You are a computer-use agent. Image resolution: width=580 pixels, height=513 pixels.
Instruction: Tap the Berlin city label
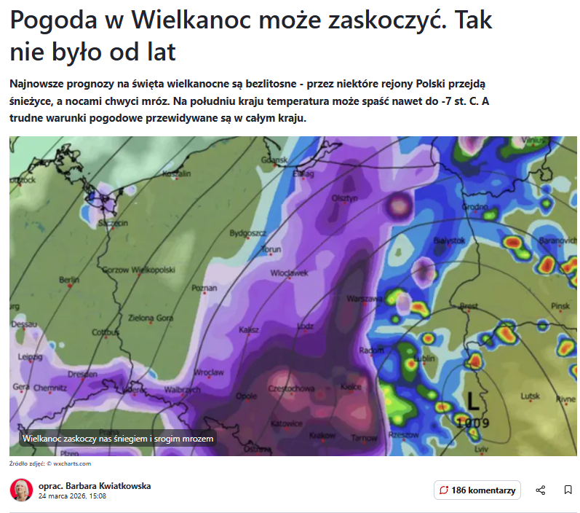[69, 280]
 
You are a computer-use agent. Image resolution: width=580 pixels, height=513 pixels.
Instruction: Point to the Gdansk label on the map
[275, 160]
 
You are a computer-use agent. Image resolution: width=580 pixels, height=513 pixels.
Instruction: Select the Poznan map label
[204, 289]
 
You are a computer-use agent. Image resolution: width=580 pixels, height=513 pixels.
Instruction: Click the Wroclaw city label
[210, 372]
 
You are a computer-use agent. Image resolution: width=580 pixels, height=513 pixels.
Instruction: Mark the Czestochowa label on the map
[292, 388]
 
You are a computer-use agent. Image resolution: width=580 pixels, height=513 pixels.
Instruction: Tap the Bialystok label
[448, 240]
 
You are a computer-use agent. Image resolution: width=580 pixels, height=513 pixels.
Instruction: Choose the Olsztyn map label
[345, 198]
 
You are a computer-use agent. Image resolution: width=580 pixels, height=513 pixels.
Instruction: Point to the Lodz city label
[306, 326]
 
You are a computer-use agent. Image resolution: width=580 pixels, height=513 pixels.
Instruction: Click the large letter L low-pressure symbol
[474, 401]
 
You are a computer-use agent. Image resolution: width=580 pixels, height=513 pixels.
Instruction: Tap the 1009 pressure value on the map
[473, 423]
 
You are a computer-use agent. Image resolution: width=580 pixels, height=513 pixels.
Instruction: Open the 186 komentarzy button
[477, 490]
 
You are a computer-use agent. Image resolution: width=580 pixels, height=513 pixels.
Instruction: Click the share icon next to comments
[541, 490]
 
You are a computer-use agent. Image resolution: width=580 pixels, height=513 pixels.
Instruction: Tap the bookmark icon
[568, 490]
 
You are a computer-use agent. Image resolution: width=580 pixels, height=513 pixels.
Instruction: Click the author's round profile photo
[21, 490]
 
